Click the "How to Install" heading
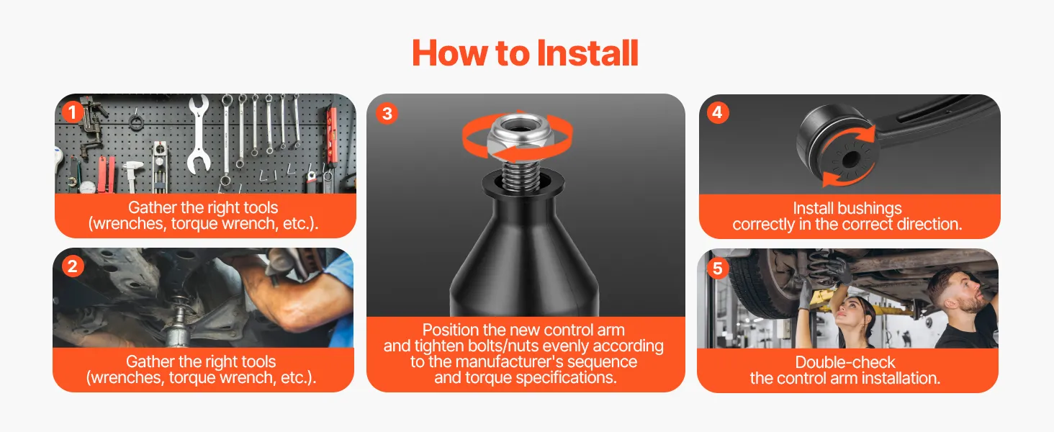pyautogui.click(x=525, y=53)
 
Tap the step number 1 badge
pyautogui.click(x=73, y=112)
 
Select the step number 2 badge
pyautogui.click(x=73, y=266)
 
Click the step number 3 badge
pyautogui.click(x=387, y=114)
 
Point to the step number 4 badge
pyautogui.click(x=718, y=112)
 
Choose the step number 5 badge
pyautogui.click(x=718, y=269)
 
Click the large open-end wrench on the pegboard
pyautogui.click(x=199, y=134)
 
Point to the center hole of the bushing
pyautogui.click(x=850, y=160)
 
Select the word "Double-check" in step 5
pyautogui.click(x=845, y=362)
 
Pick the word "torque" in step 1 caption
pyautogui.click(x=194, y=224)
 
